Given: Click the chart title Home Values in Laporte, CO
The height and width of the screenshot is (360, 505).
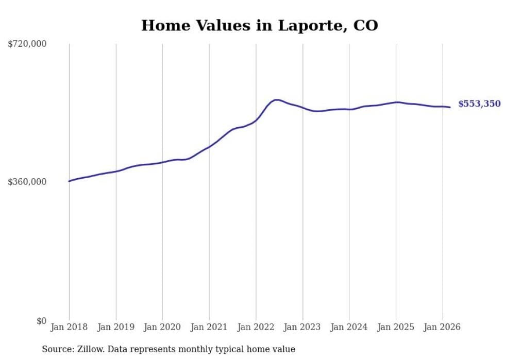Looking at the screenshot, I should pos(259,25).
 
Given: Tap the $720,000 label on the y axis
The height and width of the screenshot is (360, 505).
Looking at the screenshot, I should pos(27,44).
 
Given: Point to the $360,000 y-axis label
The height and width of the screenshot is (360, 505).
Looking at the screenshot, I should pos(27,182).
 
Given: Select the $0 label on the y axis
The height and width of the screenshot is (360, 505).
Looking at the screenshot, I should pos(41,321).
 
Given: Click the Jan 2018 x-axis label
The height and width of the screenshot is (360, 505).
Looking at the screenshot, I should pos(69,327).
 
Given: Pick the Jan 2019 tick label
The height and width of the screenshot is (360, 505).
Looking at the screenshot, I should pos(115,327).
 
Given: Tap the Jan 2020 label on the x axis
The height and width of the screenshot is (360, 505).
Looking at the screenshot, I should pos(162,327).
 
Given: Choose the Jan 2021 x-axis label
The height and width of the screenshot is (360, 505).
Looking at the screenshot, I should pos(209,327).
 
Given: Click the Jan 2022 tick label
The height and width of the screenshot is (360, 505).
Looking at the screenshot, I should pos(256,327).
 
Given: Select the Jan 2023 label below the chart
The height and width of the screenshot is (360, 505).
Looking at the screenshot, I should pos(302,327).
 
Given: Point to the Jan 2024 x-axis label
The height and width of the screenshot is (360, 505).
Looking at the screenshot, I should pos(349,327).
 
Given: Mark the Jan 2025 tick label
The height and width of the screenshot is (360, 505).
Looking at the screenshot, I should pos(395,327).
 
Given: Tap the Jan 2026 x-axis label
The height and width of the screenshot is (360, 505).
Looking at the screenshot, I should pos(442,327).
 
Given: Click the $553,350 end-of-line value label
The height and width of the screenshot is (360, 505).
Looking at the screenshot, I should pos(479,104).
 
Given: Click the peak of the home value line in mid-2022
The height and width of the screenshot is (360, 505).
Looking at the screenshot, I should pos(277,100).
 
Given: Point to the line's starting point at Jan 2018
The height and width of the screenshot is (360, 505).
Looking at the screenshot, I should pos(69,181).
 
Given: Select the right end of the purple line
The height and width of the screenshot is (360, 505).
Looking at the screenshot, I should pos(450,107).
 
